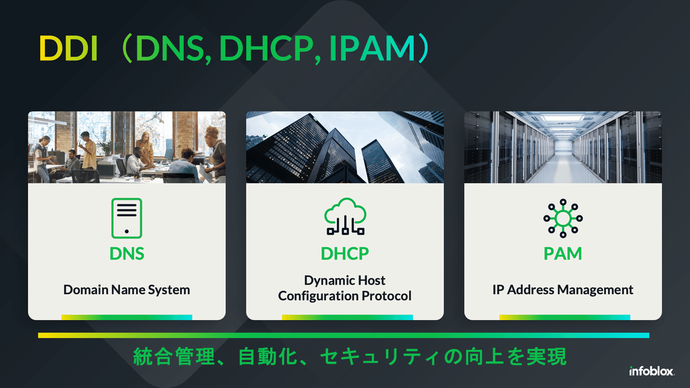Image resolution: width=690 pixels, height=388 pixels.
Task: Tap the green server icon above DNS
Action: [x=126, y=218]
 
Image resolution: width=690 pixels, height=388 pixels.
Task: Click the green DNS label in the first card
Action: [x=126, y=253]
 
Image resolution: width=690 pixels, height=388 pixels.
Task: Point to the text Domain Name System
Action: [x=126, y=290]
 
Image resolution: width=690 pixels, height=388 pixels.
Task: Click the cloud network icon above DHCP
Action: [x=345, y=218]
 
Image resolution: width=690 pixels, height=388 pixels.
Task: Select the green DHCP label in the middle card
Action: [x=345, y=253]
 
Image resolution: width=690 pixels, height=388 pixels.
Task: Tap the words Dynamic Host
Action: [x=345, y=281]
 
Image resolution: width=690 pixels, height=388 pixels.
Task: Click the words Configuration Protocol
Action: [x=345, y=296]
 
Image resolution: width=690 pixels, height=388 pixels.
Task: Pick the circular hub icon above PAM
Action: [x=563, y=218]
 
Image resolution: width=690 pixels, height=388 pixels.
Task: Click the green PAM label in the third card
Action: [x=563, y=253]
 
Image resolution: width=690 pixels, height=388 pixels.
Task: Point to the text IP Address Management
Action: [x=563, y=290]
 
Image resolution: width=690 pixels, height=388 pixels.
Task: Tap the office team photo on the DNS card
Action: [x=126, y=147]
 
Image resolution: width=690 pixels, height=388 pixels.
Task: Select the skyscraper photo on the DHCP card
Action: [x=345, y=147]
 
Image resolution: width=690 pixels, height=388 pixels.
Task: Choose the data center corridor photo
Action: [x=563, y=147]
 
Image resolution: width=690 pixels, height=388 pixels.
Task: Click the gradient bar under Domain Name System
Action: [x=126, y=317]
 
